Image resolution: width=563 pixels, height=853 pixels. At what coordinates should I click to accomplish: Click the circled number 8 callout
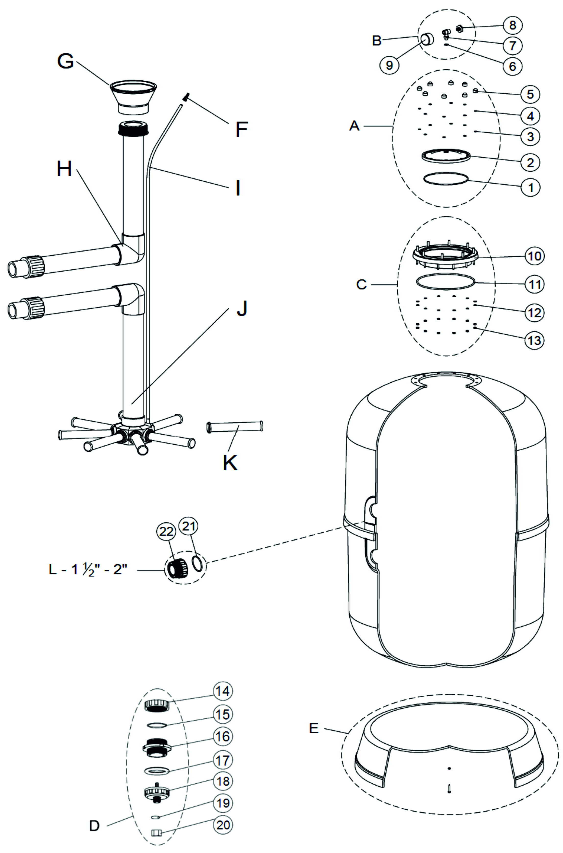tap(512, 25)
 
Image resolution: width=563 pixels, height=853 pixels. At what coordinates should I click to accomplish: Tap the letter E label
tap(313, 728)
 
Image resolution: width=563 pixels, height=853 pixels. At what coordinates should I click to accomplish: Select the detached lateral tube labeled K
tap(235, 427)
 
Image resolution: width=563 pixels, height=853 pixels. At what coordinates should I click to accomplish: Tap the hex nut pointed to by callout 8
tap(459, 28)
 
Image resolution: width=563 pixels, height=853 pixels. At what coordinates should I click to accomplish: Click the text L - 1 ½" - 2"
tap(88, 569)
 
